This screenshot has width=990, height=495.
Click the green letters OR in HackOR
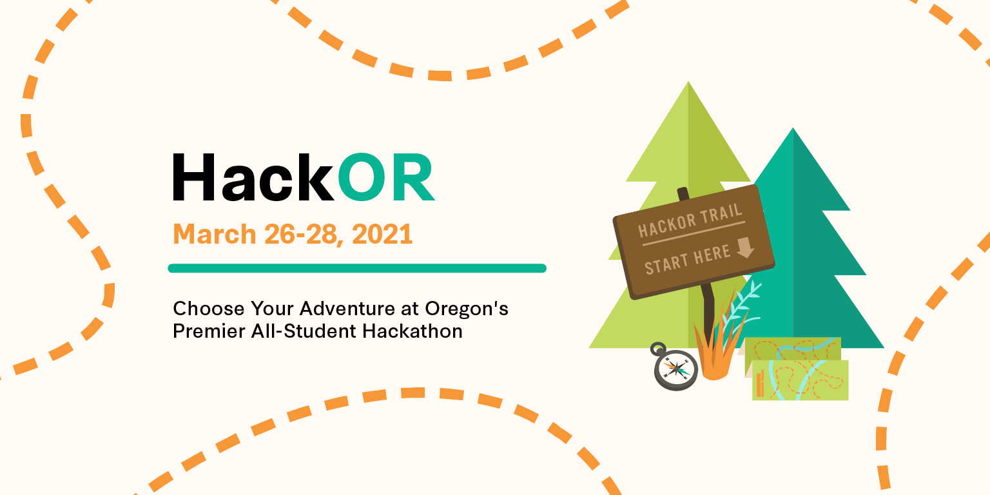387,177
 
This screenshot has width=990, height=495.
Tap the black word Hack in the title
253,177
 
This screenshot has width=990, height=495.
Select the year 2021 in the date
382,234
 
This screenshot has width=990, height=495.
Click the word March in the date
215,234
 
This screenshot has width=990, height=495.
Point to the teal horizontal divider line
357,268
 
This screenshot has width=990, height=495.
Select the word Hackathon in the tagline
412,331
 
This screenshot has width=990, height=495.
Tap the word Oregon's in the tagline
466,309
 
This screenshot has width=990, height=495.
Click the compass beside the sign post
675,367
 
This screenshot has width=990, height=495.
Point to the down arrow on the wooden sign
745,247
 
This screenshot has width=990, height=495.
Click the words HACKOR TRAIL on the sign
690,221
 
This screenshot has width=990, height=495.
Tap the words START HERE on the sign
687,260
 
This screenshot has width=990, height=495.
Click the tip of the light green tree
688,82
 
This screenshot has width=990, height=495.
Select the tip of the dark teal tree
793,128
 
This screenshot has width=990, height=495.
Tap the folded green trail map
797,369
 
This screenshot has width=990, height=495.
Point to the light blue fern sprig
742,309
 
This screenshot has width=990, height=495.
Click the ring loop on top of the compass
657,349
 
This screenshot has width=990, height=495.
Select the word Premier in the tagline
208,331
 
